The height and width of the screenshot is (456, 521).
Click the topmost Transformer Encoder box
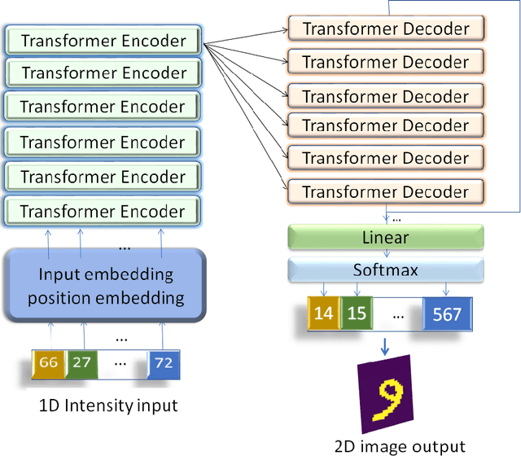[103, 40]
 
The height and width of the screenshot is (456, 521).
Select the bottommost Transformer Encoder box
[103, 211]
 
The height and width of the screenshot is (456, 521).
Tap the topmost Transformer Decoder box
[386, 28]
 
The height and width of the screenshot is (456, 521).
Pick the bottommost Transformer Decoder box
[386, 192]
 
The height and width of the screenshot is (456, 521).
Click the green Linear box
[386, 237]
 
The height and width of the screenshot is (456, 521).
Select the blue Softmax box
[386, 269]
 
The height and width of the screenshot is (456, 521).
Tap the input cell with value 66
[49, 362]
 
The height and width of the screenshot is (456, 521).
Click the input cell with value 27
[81, 362]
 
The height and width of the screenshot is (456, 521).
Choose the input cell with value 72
[164, 362]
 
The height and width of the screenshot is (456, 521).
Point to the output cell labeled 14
[322, 313]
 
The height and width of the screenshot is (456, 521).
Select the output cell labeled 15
[355, 313]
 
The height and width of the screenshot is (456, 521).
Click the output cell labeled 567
[447, 313]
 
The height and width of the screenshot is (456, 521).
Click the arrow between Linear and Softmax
[386, 253]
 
